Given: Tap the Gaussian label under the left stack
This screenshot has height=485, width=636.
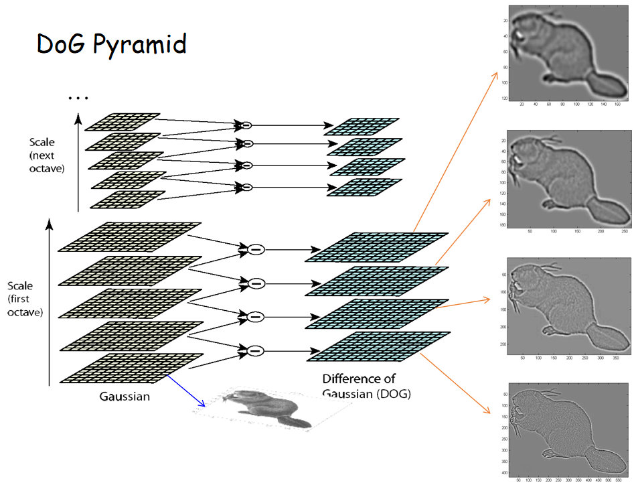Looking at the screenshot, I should click(x=125, y=396).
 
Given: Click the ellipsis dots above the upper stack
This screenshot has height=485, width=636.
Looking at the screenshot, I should click(x=78, y=98).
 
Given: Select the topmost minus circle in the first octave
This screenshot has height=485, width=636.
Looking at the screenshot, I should click(x=255, y=249).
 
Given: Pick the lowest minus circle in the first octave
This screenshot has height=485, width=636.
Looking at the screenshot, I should click(x=255, y=350).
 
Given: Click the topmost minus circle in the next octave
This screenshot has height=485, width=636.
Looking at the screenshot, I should click(x=246, y=125).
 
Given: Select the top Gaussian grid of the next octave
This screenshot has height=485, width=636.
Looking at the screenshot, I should click(x=123, y=122).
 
